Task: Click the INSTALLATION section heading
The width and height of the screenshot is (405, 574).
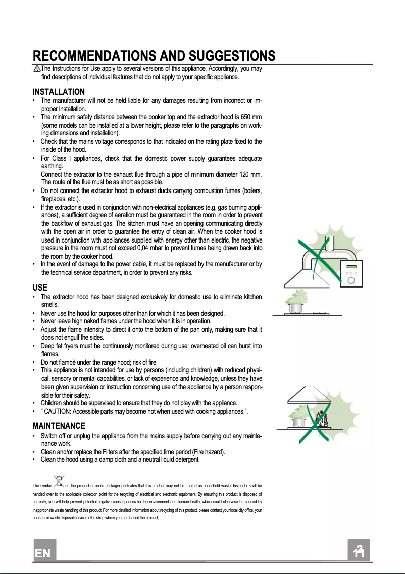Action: [59, 92]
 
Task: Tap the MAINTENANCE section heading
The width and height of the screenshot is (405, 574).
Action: [59, 426]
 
